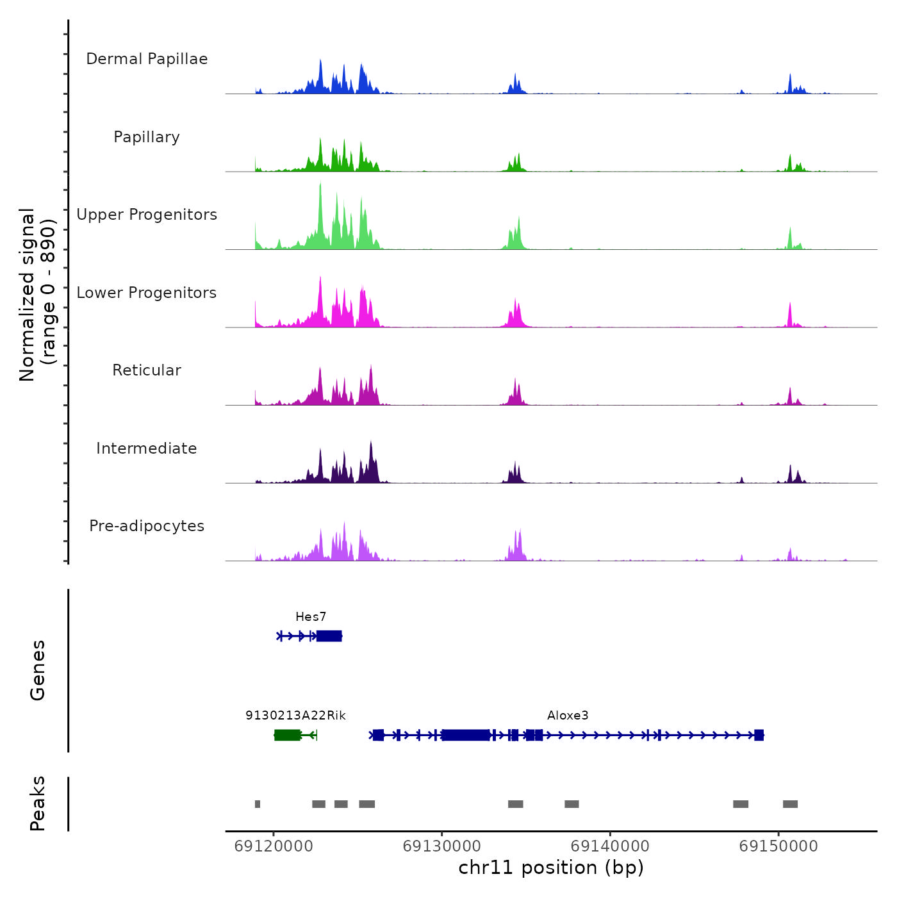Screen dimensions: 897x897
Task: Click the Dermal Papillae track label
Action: point(147,59)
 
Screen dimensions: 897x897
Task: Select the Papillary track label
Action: point(147,137)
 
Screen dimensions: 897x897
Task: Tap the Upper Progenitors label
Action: point(147,215)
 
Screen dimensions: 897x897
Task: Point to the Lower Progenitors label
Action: point(147,293)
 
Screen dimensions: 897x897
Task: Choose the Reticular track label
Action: point(147,370)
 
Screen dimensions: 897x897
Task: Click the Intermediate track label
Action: point(147,448)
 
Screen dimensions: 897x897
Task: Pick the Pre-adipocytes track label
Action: point(147,526)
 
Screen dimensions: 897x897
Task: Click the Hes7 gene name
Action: point(311,617)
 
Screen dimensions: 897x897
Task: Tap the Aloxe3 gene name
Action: point(568,716)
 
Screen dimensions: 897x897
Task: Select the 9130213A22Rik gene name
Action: point(295,716)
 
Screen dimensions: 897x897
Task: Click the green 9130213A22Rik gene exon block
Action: point(287,735)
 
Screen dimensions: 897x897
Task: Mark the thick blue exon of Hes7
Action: point(329,636)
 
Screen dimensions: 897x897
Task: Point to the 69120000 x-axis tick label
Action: point(274,846)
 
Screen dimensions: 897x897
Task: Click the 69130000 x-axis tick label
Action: point(442,846)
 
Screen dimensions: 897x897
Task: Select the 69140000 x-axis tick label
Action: point(610,846)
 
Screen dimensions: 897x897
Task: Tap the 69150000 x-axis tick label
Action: point(778,846)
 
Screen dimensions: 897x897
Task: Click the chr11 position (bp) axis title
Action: point(551,868)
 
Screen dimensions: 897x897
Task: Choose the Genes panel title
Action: point(38,670)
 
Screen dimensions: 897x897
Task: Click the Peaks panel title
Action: point(38,803)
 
